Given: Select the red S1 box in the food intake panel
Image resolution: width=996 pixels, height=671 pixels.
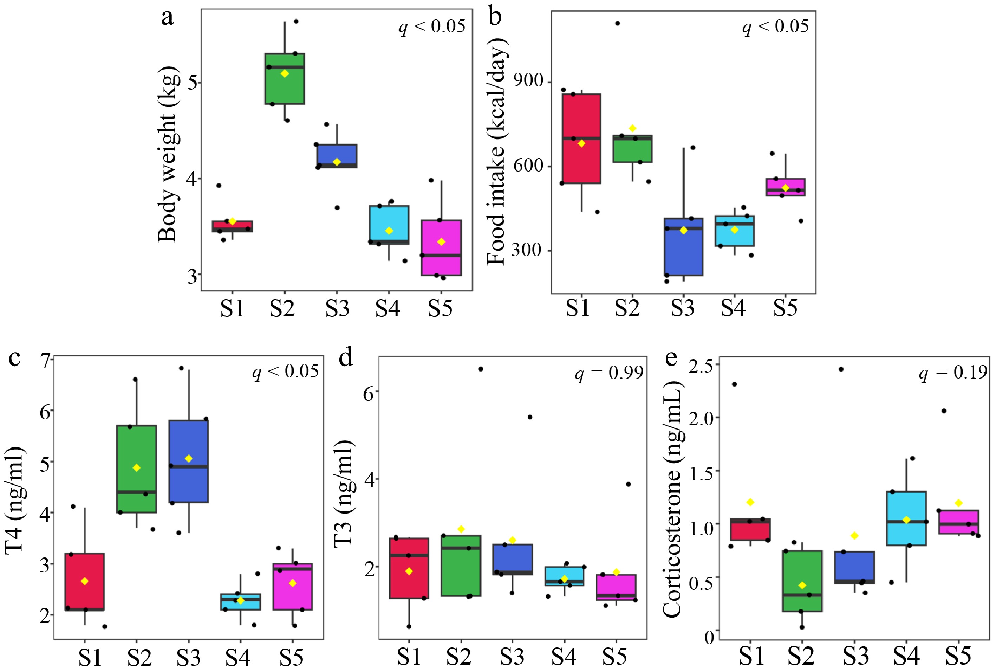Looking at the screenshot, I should pyautogui.click(x=581, y=163).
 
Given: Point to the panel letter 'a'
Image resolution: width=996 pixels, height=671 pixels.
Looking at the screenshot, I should pyautogui.click(x=168, y=18).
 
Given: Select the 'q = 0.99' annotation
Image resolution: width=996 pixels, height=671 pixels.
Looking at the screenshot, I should pyautogui.click(x=608, y=373).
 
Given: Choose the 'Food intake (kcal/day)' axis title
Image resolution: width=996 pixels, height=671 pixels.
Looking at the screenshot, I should pyautogui.click(x=496, y=152).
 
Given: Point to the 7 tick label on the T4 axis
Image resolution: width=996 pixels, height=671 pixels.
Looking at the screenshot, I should pyautogui.click(x=45, y=359).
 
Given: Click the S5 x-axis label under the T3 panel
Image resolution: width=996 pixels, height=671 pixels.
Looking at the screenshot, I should pyautogui.click(x=614, y=656).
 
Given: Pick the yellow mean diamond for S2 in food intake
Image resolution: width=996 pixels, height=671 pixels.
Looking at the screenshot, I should pyautogui.click(x=632, y=128).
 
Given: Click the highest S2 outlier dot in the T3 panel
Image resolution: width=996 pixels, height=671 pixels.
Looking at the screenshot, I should pyautogui.click(x=480, y=369).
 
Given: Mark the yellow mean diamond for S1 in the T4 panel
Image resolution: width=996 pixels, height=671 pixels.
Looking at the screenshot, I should pyautogui.click(x=85, y=581).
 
